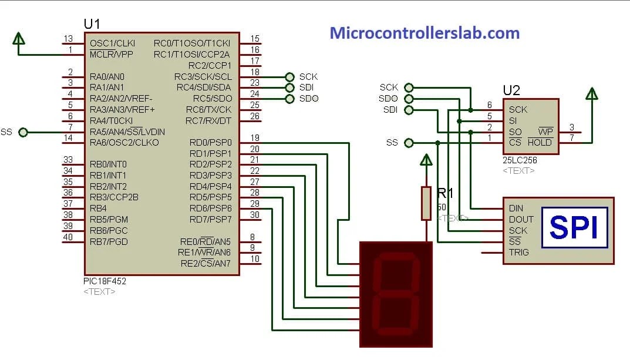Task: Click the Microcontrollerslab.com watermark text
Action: click(425, 33)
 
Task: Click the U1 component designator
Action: click(92, 24)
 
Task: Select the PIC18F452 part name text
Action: click(105, 281)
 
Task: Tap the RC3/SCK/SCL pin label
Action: click(203, 77)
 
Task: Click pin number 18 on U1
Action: click(255, 72)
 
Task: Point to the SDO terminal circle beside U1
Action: click(289, 99)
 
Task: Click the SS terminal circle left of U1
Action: click(23, 132)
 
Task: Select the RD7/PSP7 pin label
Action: click(210, 220)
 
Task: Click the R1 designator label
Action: click(446, 193)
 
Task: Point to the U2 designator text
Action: click(511, 90)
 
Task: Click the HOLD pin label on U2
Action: click(540, 142)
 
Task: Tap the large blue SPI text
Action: click(573, 227)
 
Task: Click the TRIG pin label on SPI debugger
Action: click(518, 253)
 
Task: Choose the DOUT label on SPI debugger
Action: click(520, 219)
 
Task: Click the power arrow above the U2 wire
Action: click(591, 95)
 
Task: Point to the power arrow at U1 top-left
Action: click(19, 38)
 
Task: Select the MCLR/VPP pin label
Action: click(112, 54)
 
